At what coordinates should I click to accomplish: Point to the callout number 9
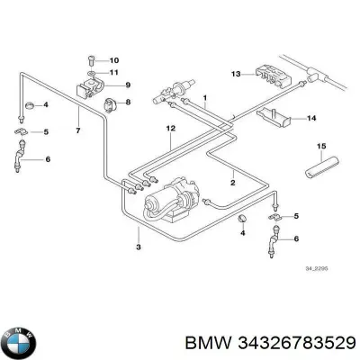(128, 85)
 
